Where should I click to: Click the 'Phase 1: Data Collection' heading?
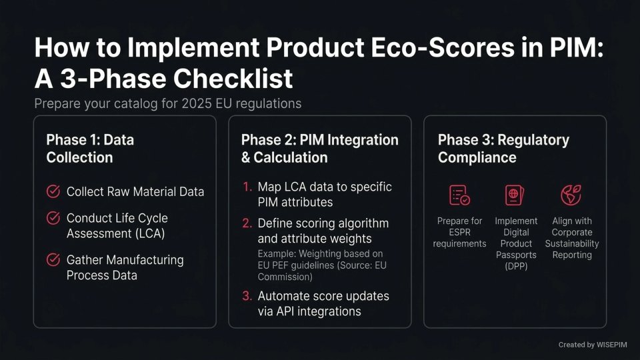[x=90, y=149]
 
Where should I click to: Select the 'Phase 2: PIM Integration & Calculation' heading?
[x=319, y=149]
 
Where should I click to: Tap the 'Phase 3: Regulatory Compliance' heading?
[x=503, y=149]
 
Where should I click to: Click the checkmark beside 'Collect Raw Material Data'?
[x=53, y=192]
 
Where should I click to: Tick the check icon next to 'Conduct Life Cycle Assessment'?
[x=53, y=218]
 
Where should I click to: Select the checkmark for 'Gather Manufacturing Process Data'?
[x=53, y=260]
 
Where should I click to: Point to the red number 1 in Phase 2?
[x=247, y=187]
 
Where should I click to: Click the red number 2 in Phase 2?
[x=247, y=223]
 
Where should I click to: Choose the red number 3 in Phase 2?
[x=247, y=296]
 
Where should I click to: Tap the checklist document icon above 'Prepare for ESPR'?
[x=459, y=195]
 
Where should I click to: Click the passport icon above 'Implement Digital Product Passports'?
[x=515, y=195]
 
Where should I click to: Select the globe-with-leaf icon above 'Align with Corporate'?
[x=571, y=195]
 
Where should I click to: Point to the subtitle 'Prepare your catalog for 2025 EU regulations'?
[x=167, y=104]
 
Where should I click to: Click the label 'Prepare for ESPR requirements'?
[x=459, y=232]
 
